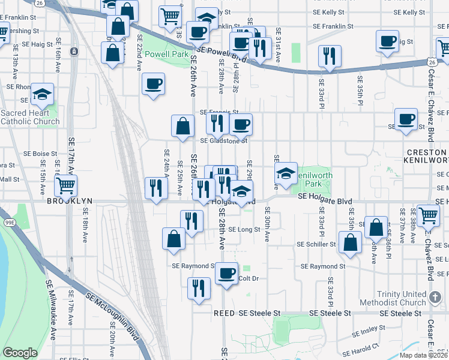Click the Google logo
click(20, 353)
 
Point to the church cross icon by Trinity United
click(436, 296)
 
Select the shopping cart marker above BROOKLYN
click(66, 185)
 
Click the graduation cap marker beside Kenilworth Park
click(286, 173)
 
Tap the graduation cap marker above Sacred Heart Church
click(41, 94)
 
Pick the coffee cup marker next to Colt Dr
click(227, 273)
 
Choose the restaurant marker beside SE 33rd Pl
click(330, 56)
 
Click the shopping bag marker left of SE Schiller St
click(351, 242)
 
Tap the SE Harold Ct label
click(360, 348)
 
